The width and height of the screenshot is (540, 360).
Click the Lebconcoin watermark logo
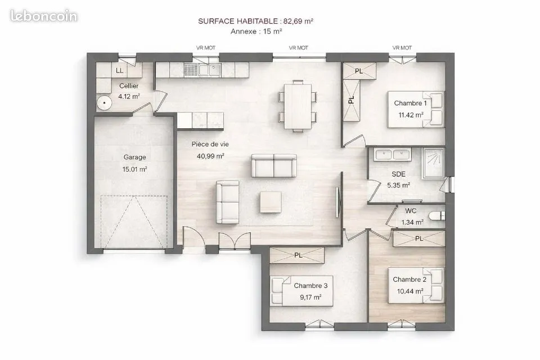[x=44, y=16]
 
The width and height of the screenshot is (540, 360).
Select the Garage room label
[x=134, y=157]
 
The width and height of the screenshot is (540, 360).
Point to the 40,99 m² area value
[x=210, y=156]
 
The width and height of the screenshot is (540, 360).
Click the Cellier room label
[x=129, y=85]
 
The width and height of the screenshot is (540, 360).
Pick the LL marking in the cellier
[x=119, y=71]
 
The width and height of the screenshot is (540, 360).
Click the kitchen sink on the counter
[x=209, y=70]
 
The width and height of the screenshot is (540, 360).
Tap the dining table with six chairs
[x=298, y=106]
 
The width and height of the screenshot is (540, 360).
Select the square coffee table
[x=271, y=202]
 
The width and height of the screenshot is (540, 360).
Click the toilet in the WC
[x=437, y=216]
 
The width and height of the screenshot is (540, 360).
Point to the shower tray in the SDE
[x=434, y=163]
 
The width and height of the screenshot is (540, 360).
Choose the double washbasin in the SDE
[x=393, y=155]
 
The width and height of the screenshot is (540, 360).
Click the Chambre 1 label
[x=410, y=103]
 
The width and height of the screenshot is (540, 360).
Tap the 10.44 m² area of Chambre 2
[x=410, y=291]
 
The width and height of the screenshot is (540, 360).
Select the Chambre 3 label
[x=310, y=286]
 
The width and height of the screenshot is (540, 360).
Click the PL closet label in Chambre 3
[x=298, y=255]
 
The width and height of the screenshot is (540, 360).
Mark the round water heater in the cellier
[x=103, y=102]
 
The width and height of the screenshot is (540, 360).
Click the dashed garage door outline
[x=134, y=221]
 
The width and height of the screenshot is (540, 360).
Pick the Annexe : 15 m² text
[x=256, y=31]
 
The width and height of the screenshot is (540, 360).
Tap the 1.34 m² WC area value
[x=412, y=222]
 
